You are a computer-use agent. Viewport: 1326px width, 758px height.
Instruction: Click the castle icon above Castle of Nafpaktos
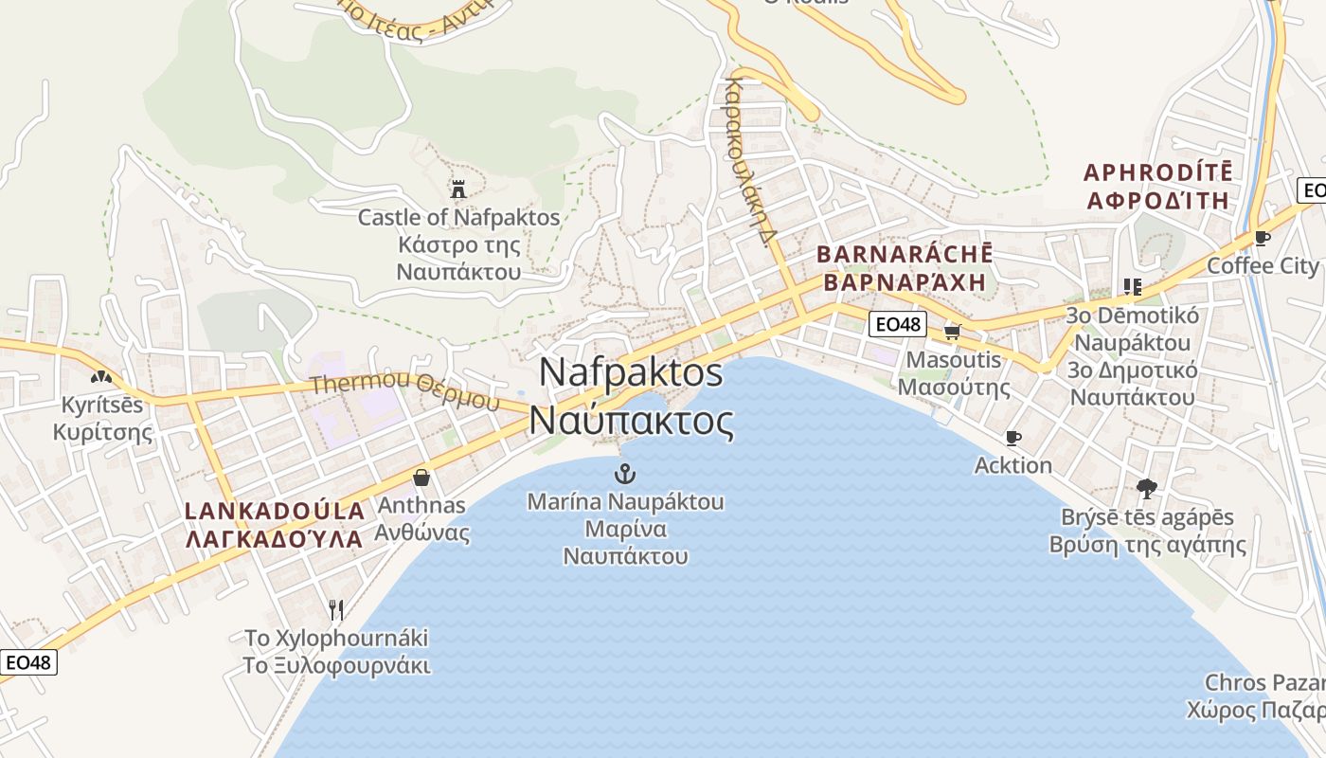458,189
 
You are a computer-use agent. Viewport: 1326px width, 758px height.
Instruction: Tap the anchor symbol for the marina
625,473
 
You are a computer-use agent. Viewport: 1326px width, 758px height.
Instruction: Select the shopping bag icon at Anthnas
421,477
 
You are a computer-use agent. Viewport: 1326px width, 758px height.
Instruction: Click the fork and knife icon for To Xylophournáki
335,608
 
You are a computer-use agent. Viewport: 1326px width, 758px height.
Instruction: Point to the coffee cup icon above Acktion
1012,438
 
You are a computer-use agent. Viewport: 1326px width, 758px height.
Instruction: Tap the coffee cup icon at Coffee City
1262,238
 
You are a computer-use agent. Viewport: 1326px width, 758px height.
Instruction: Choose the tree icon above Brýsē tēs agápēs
1147,489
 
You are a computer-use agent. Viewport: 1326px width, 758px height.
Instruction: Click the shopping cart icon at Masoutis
953,332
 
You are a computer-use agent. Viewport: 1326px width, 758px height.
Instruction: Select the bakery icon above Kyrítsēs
102,377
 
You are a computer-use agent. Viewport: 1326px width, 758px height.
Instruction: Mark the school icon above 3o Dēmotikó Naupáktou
1132,286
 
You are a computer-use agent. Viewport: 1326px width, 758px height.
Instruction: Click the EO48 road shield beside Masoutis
897,324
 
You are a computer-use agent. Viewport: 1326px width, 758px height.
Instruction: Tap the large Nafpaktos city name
632,396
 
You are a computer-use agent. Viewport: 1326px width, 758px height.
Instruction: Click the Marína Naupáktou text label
625,501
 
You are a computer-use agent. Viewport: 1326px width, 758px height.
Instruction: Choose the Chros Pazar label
1263,682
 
